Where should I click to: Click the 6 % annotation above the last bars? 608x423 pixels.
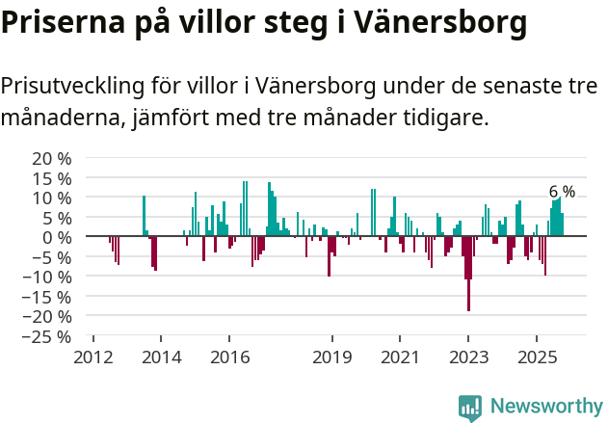click(x=562, y=191)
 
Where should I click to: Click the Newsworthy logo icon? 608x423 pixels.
click(x=470, y=407)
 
